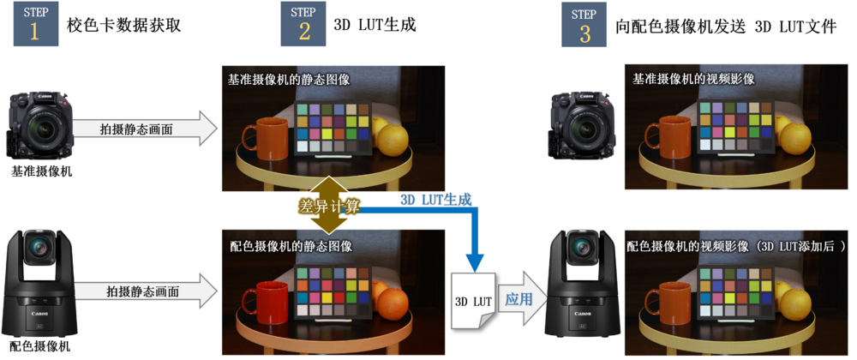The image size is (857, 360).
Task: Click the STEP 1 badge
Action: pyautogui.click(x=36, y=24)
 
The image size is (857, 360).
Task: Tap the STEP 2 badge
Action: pyautogui.click(x=303, y=24)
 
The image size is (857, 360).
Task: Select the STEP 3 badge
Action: pyautogui.click(x=584, y=24)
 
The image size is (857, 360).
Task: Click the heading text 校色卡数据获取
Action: pyautogui.click(x=124, y=25)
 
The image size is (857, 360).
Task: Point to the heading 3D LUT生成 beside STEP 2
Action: pyautogui.click(x=375, y=25)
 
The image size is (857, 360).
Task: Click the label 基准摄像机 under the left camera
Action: pyautogui.click(x=41, y=171)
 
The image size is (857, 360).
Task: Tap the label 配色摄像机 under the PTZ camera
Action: pyautogui.click(x=39, y=346)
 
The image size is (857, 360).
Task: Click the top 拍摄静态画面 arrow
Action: pyautogui.click(x=146, y=129)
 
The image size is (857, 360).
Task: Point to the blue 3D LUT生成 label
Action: pyautogui.click(x=435, y=199)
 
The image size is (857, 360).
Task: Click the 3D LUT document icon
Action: pyautogui.click(x=473, y=301)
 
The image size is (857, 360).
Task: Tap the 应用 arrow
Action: pyautogui.click(x=522, y=300)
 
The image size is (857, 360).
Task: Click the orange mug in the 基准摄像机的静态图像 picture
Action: pyautogui.click(x=265, y=139)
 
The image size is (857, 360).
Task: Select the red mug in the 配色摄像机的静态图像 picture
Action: pyautogui.click(x=265, y=302)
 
